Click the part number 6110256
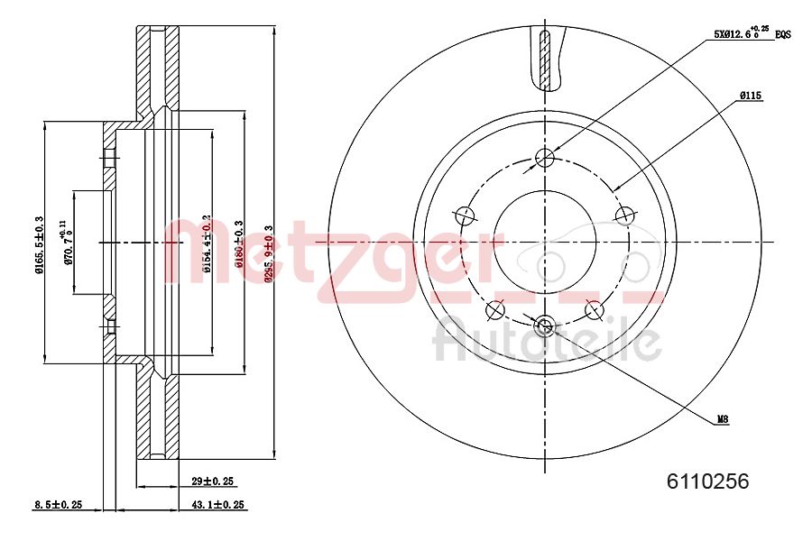click(707, 482)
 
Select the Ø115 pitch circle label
click(752, 95)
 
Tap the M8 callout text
click(723, 419)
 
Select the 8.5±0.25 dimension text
click(56, 505)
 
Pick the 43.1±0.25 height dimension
click(217, 505)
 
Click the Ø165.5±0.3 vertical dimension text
click(39, 243)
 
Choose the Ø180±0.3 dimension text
click(240, 243)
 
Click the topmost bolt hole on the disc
click(545, 159)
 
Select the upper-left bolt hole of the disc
click(465, 215)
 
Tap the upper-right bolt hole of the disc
click(623, 215)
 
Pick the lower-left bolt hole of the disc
click(494, 311)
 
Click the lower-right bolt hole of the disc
click(594, 310)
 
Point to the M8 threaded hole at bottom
click(544, 326)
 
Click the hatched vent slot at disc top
click(544, 59)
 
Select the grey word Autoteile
click(547, 342)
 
